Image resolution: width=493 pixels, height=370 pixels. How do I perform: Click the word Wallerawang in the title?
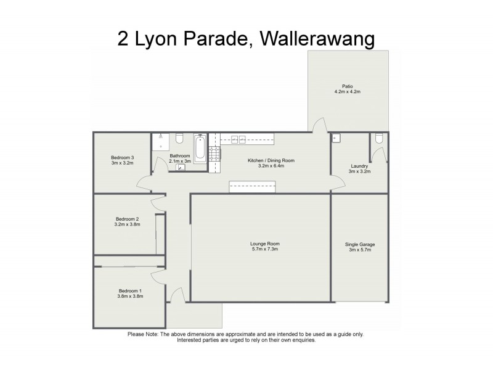(x=317, y=39)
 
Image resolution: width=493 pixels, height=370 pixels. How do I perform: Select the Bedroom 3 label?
(x=122, y=157)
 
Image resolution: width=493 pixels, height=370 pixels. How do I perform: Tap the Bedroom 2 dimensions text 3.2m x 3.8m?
(x=128, y=224)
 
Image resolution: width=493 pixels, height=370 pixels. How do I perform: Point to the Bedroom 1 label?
(x=130, y=291)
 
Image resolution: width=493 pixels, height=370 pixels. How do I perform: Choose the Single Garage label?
(x=359, y=244)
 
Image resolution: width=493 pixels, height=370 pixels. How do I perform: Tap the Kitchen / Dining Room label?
(x=271, y=160)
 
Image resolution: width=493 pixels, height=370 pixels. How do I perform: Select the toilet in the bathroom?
(x=179, y=138)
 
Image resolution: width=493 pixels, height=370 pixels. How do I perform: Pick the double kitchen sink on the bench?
(x=238, y=139)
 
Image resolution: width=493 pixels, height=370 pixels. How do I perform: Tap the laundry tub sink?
(x=336, y=138)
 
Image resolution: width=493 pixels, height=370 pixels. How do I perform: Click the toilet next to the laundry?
(x=380, y=139)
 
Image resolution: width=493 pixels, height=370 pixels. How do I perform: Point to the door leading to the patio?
(x=319, y=126)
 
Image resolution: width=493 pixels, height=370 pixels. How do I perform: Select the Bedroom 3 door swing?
(x=143, y=182)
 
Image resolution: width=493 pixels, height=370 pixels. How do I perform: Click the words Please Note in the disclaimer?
(x=142, y=334)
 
